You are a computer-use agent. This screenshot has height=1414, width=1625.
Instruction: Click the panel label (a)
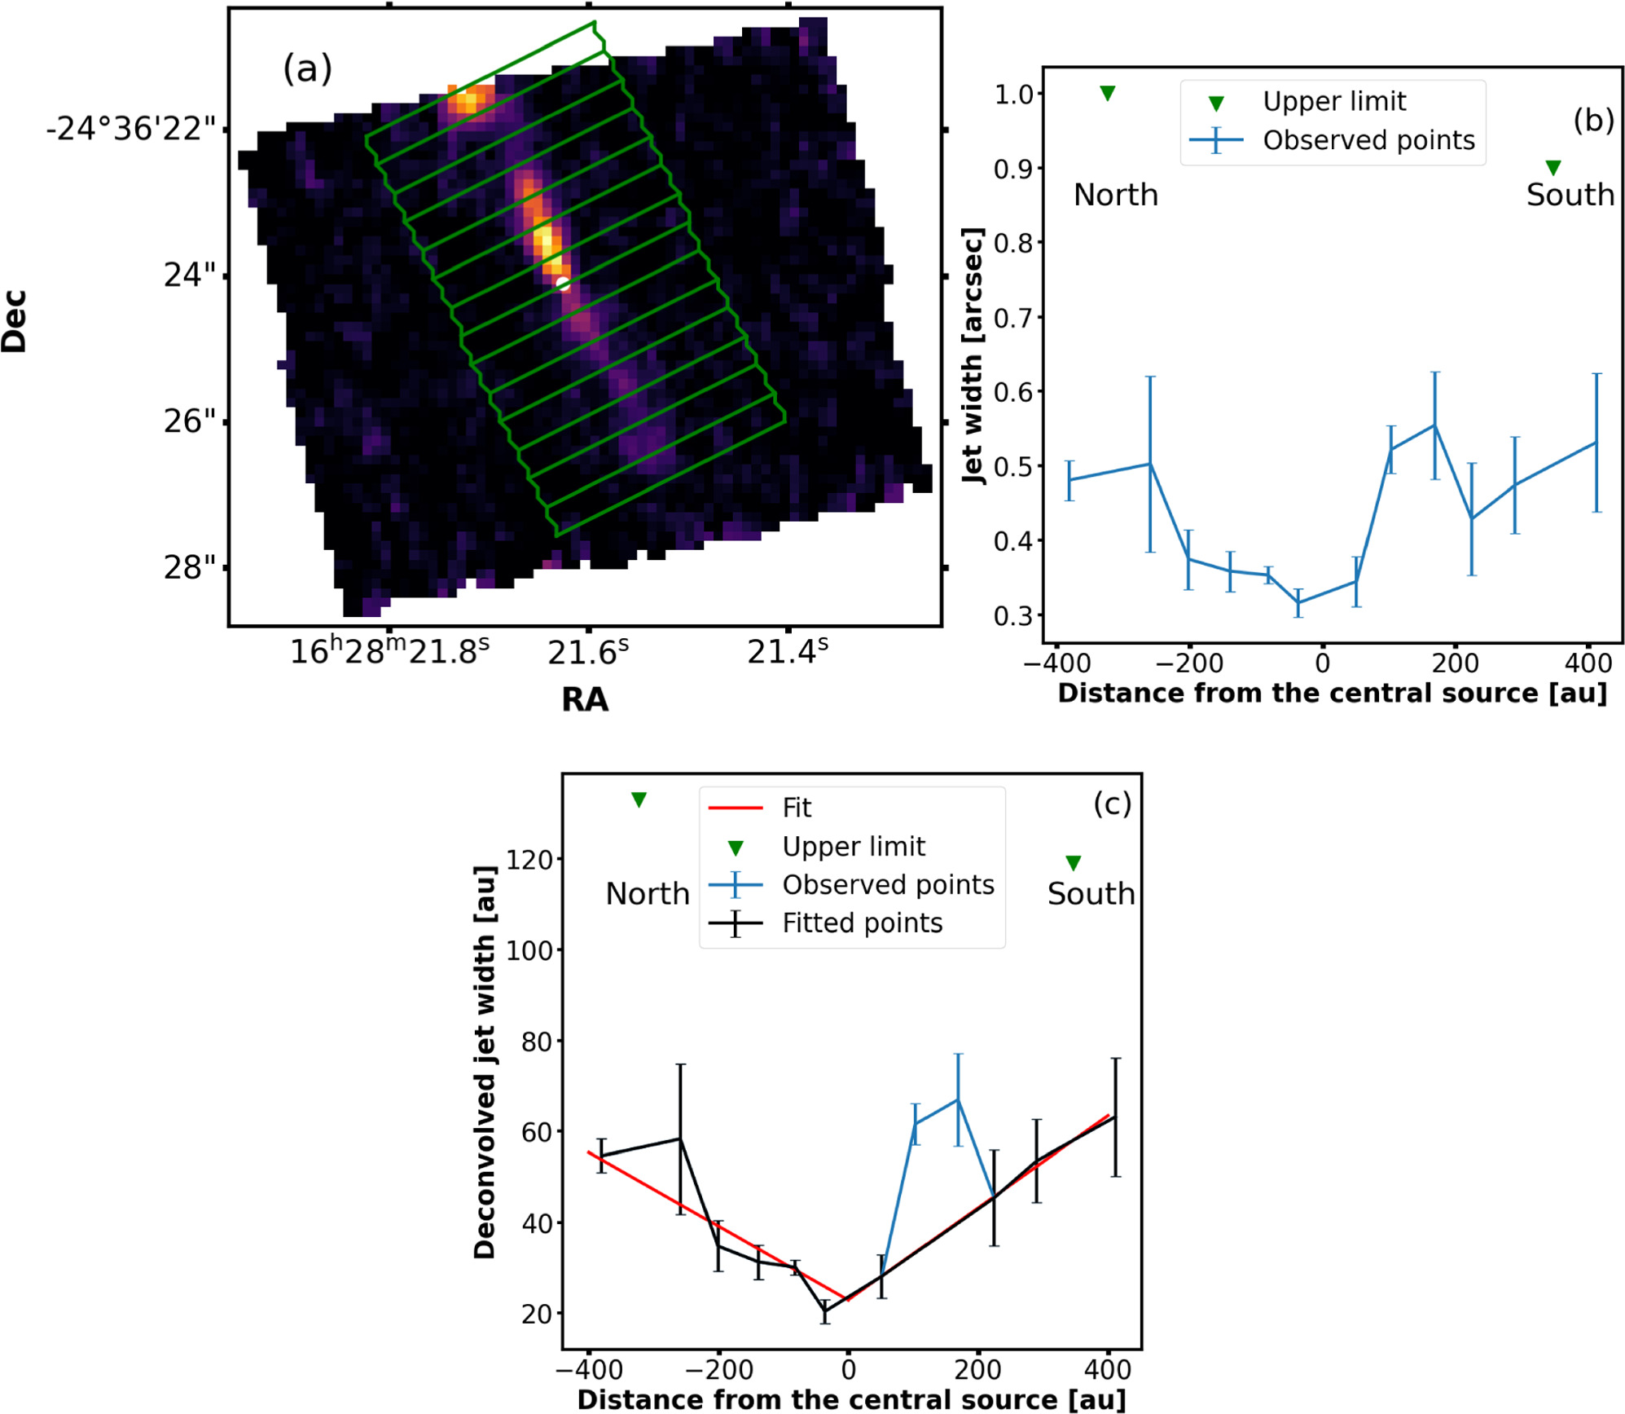(x=307, y=68)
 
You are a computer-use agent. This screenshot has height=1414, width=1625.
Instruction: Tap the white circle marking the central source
(x=563, y=284)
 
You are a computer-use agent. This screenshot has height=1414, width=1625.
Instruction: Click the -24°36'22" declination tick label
(x=131, y=129)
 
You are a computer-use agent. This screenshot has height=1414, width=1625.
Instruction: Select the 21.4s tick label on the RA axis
(x=787, y=652)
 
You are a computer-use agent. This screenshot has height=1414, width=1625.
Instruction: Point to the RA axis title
(x=584, y=699)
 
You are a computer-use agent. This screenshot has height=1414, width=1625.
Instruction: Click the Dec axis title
(x=15, y=321)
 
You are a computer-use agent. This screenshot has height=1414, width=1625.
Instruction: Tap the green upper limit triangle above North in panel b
(x=1107, y=94)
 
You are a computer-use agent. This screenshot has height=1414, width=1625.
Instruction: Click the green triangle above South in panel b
(x=1553, y=168)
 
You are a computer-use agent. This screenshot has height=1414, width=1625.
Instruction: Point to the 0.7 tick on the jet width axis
(x=1013, y=317)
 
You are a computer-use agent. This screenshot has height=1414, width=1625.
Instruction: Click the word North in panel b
(x=1115, y=195)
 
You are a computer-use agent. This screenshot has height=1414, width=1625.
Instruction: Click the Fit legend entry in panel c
(x=796, y=808)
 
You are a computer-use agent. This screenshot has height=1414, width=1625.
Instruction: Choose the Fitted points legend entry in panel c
(x=862, y=923)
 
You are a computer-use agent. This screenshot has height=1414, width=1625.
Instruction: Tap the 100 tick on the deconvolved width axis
(x=529, y=950)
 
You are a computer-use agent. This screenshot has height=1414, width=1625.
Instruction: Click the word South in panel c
(x=1091, y=893)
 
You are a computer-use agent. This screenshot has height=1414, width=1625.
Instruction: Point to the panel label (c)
(x=1112, y=804)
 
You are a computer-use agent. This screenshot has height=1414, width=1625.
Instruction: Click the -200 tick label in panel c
(x=718, y=1369)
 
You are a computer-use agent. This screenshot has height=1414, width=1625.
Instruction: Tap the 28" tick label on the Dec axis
(x=190, y=567)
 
